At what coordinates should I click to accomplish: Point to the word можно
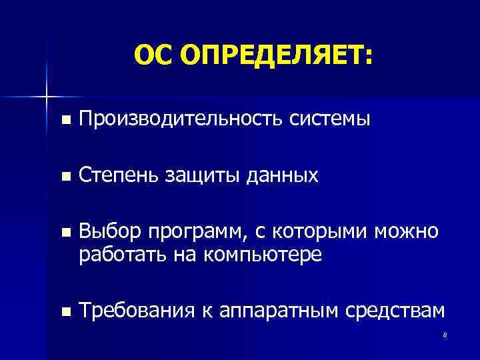(x=407, y=232)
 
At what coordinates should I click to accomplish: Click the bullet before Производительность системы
(x=64, y=121)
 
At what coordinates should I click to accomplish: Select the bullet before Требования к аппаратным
(x=64, y=311)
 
